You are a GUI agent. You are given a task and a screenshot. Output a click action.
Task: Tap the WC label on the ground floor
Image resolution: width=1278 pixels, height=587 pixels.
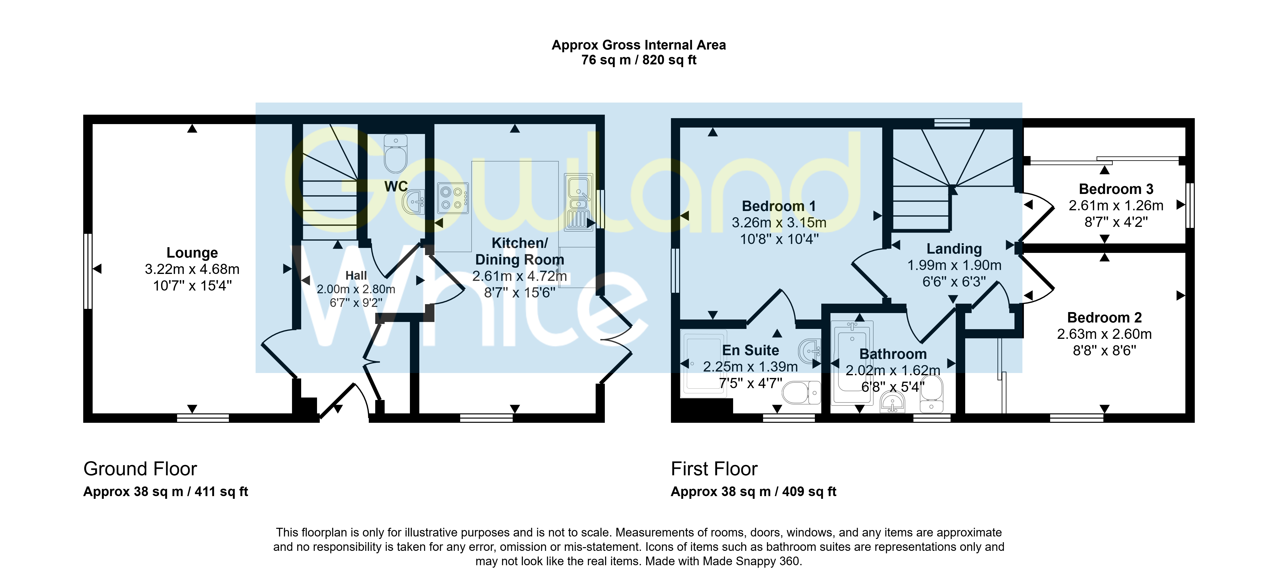(x=396, y=187)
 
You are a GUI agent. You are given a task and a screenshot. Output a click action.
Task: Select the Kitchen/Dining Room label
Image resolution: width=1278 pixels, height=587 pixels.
(x=519, y=251)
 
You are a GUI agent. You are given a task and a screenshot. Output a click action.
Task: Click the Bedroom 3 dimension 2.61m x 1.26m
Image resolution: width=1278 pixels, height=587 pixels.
(x=1116, y=205)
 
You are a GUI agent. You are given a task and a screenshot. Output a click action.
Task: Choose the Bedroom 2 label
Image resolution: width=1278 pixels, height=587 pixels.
(x=1104, y=318)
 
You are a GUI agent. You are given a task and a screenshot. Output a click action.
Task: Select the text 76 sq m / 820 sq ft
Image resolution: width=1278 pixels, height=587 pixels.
(x=639, y=60)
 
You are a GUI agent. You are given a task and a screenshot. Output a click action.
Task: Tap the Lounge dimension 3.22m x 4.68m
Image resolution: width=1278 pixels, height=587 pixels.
(x=192, y=269)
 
